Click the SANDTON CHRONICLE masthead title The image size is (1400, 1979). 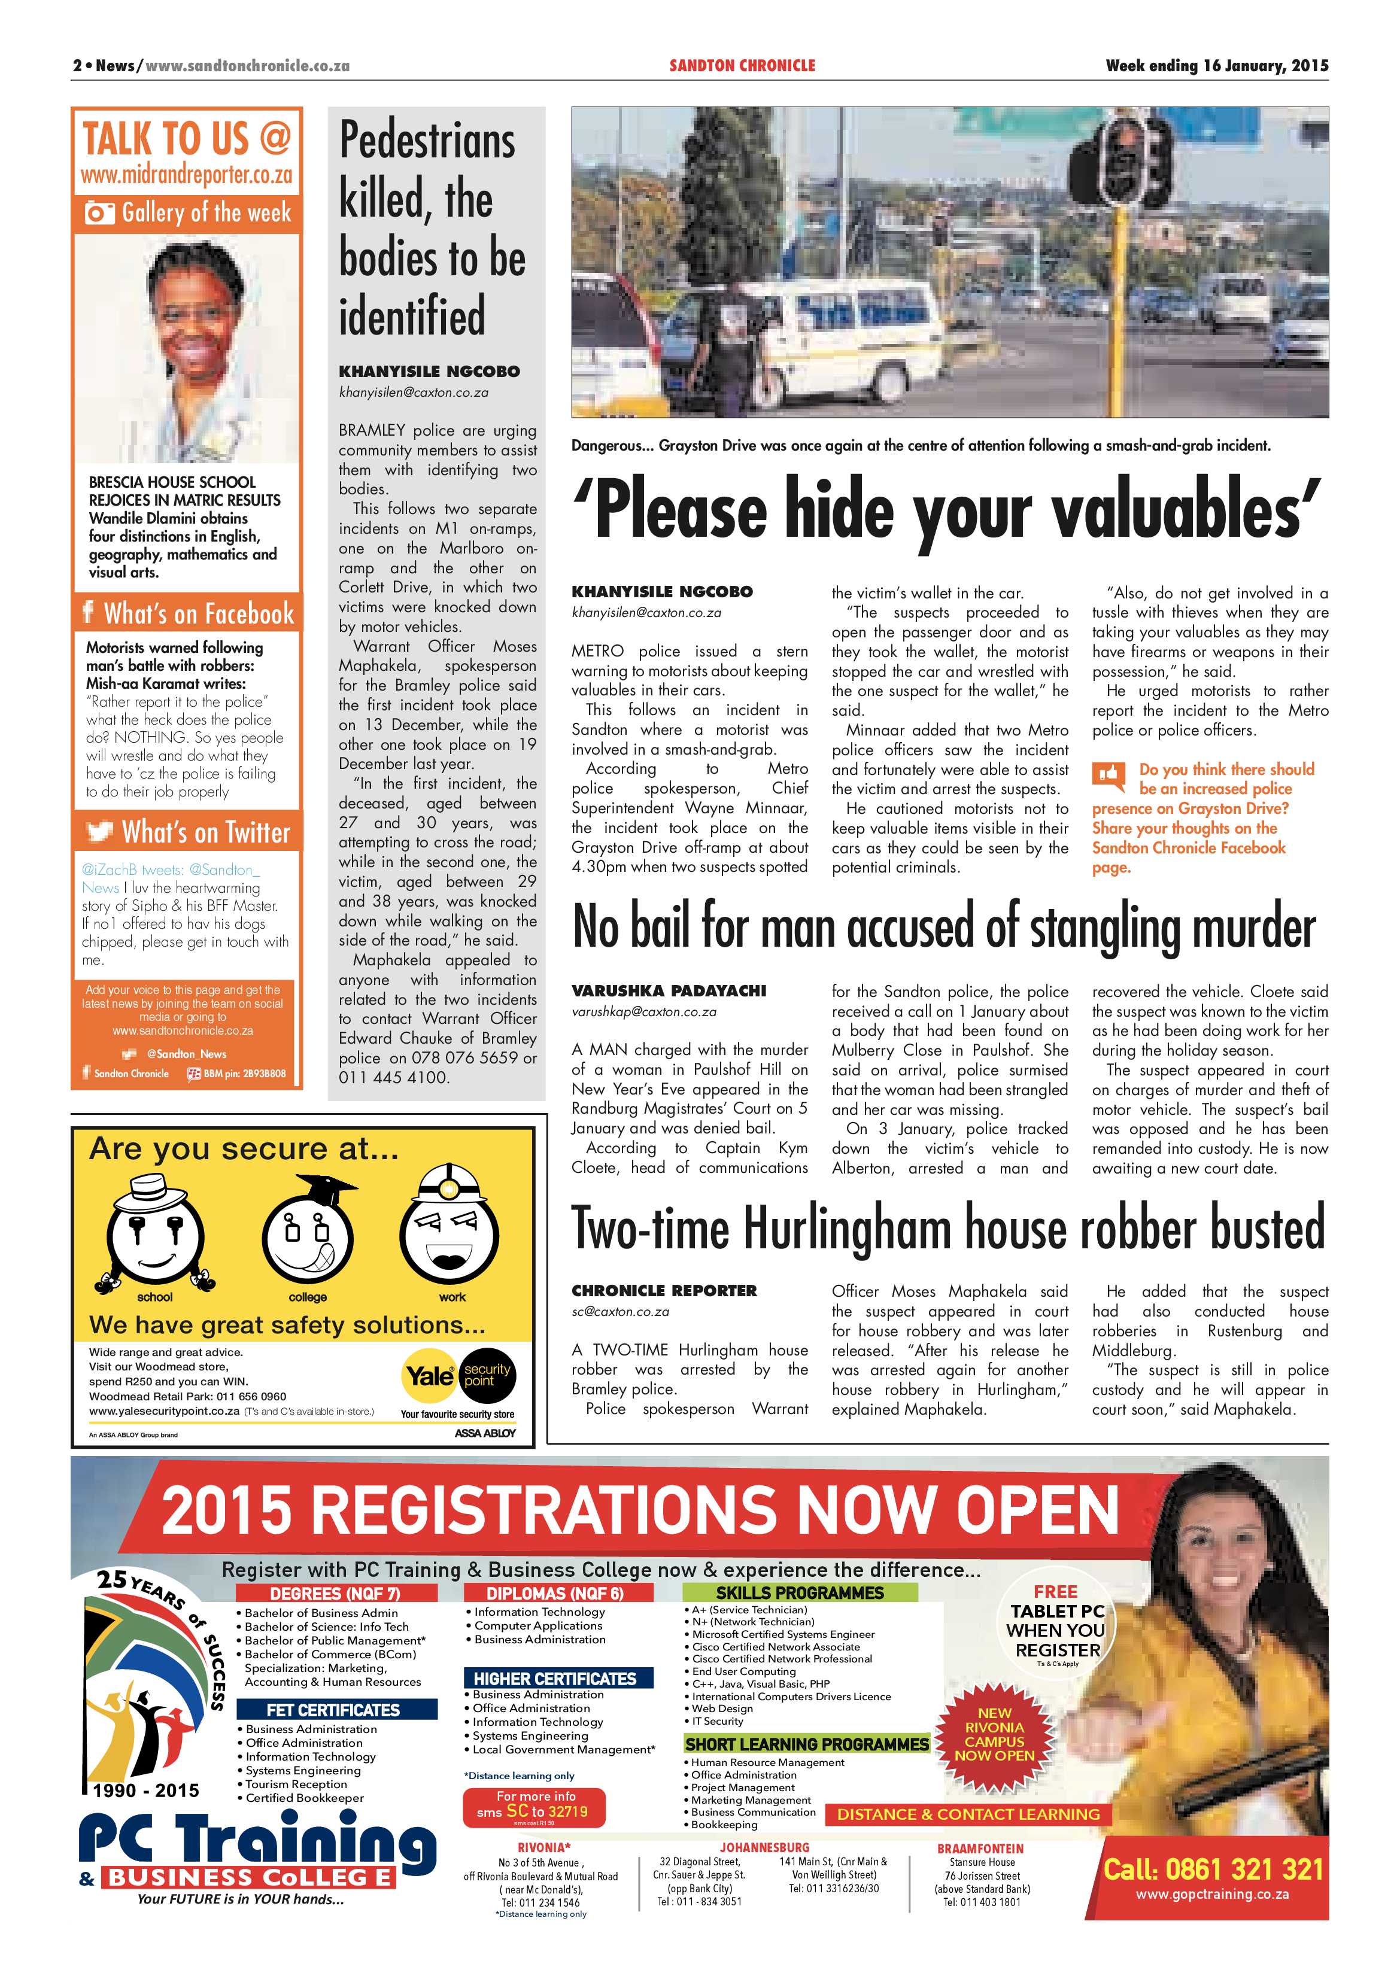tap(742, 65)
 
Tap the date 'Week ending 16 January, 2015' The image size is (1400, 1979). tap(1216, 65)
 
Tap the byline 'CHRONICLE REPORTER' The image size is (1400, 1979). tap(664, 1290)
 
